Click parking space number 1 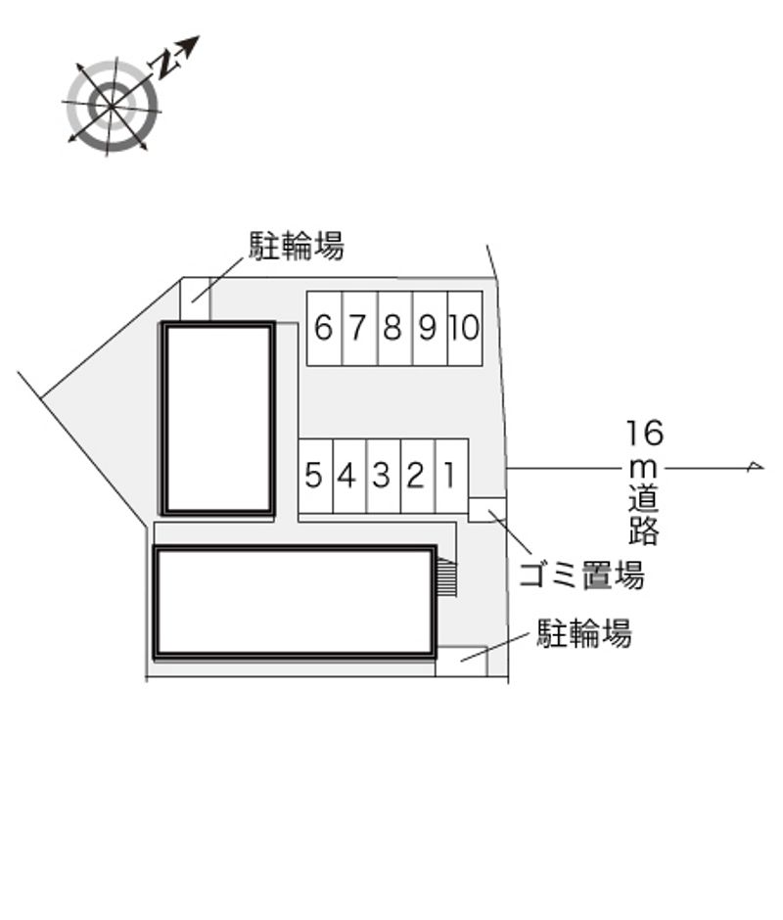coord(452,476)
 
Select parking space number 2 coord(418,476)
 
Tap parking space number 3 coord(384,476)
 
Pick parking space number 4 coord(349,476)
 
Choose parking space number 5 coord(316,476)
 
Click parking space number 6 coord(325,329)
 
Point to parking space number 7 coord(360,329)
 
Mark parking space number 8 coord(395,329)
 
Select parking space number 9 coord(431,329)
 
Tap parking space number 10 coord(466,329)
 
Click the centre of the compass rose coord(113,106)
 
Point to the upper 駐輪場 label coord(297,246)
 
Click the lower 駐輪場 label coord(584,632)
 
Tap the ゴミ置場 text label coord(581,575)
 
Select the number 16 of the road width coord(644,433)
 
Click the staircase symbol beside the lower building coord(447,577)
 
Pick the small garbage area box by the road coord(487,510)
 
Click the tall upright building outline coord(218,419)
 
